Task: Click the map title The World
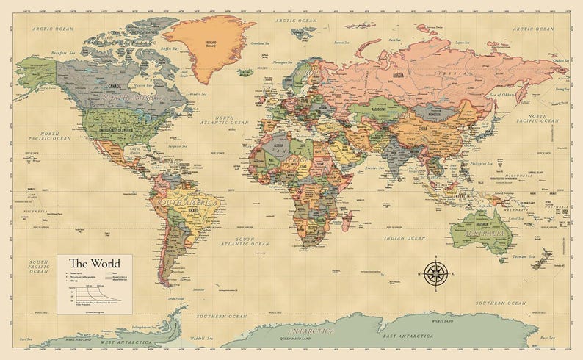click(x=95, y=263)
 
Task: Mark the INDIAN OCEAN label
click(x=406, y=238)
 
